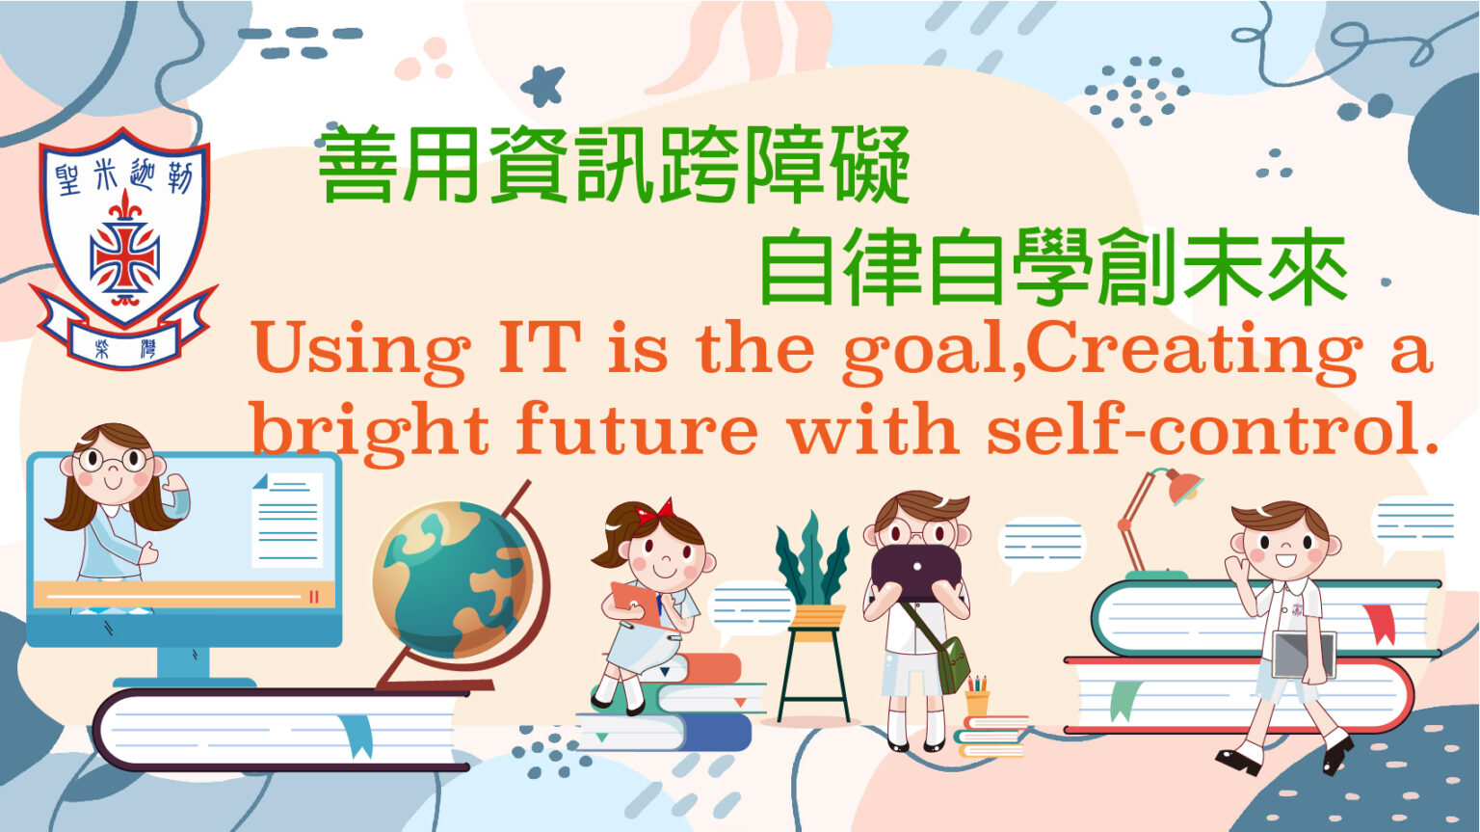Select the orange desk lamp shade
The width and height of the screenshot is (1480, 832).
point(1184,487)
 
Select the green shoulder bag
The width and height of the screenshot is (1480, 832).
point(951,663)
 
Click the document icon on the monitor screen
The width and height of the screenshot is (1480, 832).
point(287,520)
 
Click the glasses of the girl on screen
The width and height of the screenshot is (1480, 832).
point(114,460)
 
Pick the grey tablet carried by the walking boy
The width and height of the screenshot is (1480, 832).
point(1304,655)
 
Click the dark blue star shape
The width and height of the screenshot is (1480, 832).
point(543,85)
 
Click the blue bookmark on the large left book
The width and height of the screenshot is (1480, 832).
point(357,736)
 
